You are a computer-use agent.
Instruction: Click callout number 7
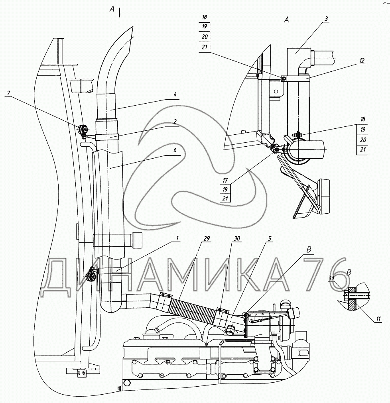coord(9,93)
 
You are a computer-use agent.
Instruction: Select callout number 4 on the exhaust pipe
coord(175,95)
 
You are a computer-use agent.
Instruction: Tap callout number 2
coord(175,122)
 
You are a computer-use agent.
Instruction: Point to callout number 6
coord(175,150)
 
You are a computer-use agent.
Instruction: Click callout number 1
coord(177,238)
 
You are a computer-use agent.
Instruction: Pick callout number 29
coord(207,238)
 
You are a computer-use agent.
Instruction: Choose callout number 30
coord(237,238)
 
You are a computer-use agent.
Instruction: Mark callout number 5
coord(270,238)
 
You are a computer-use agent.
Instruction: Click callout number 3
coord(326,18)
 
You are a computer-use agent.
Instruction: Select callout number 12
coord(362,61)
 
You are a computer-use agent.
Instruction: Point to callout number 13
coord(331,278)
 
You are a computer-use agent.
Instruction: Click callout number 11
coord(378,319)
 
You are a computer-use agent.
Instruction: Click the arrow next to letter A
coord(120,12)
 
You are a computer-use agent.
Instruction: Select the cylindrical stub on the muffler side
coord(137,240)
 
